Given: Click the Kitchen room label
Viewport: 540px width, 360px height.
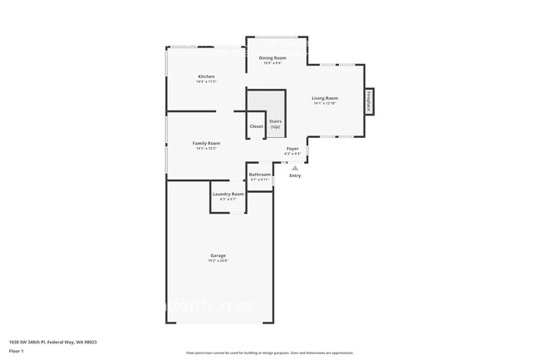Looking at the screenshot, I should click(206, 76).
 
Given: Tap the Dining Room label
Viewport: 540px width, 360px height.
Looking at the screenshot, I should click(272, 57).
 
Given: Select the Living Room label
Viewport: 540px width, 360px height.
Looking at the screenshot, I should click(324, 98).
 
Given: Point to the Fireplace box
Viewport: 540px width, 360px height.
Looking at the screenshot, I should click(368, 102).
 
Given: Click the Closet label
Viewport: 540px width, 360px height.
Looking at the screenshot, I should click(256, 126).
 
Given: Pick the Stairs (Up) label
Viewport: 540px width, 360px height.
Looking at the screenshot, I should click(275, 124).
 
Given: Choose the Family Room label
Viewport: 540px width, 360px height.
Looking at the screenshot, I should click(206, 143).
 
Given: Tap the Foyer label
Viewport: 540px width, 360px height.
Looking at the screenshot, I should click(292, 149).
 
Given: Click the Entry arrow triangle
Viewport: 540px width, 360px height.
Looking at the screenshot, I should click(294, 167).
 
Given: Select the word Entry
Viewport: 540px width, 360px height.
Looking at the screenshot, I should click(295, 175).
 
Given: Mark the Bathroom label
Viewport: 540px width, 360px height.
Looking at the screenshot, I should click(260, 175).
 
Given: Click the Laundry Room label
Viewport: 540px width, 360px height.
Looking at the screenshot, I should click(228, 194).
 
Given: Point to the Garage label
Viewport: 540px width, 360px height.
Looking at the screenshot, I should click(218, 255).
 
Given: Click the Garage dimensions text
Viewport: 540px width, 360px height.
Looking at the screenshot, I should click(218, 260).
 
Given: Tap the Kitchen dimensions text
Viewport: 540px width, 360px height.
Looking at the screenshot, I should click(206, 81).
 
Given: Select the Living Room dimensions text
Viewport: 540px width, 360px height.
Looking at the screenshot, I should click(324, 103).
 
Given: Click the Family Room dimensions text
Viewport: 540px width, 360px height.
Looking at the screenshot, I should click(206, 148).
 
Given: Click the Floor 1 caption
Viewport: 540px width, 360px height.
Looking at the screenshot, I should click(17, 351).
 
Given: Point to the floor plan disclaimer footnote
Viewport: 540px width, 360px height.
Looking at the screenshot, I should click(270, 353).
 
